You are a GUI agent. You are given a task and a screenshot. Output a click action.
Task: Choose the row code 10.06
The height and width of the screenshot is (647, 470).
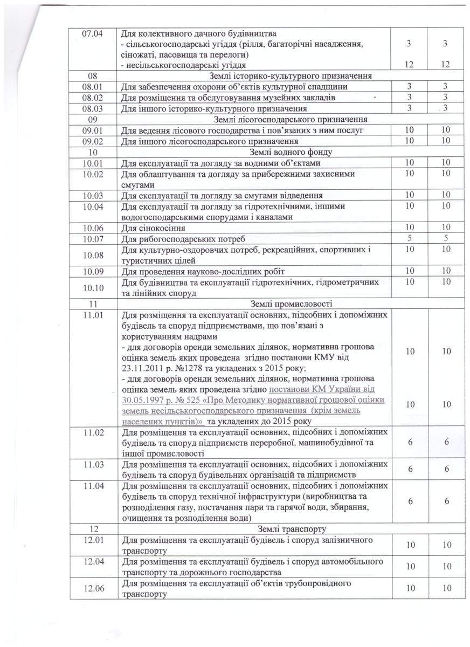pos(92,228)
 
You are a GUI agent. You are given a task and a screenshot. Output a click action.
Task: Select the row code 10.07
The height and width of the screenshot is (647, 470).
pos(92,239)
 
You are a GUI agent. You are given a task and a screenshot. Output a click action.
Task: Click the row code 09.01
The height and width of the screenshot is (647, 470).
pos(92,130)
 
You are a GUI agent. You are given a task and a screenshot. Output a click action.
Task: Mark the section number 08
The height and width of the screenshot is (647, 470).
pos(91,75)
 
